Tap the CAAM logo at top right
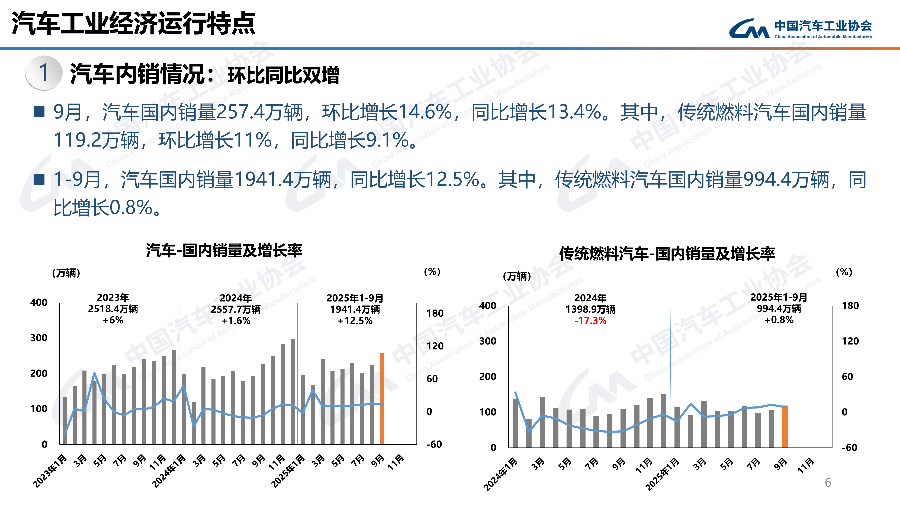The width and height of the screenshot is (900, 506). (800, 29)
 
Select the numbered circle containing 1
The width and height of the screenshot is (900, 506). (44, 73)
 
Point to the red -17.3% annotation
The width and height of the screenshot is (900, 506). (590, 321)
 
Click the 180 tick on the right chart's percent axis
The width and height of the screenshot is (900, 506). (850, 306)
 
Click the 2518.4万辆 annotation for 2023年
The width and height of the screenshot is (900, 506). (113, 309)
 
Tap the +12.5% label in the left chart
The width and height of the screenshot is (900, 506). (355, 321)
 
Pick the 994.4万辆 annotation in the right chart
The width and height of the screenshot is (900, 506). (779, 309)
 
